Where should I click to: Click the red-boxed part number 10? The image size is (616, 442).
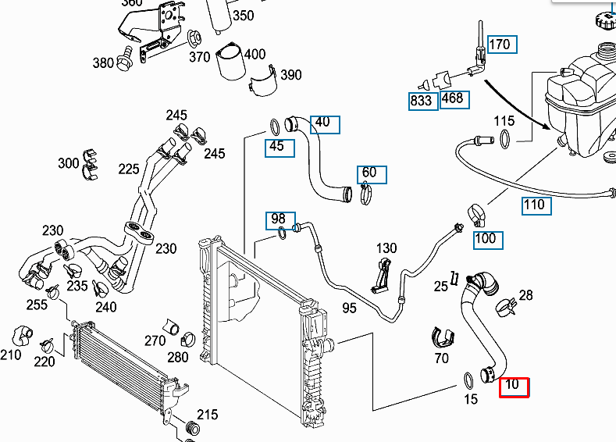(x=514, y=386)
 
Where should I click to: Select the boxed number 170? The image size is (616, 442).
(x=499, y=45)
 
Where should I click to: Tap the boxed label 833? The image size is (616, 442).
(x=422, y=101)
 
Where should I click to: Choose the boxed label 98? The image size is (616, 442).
(x=279, y=219)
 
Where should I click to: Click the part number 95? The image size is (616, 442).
(x=349, y=308)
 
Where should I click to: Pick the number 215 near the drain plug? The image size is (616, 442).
(x=207, y=414)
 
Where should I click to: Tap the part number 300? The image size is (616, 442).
(x=69, y=163)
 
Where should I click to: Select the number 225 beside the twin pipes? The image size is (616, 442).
(x=129, y=169)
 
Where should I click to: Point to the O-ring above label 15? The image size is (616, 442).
(x=468, y=380)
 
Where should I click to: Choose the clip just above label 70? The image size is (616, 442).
(x=443, y=338)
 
